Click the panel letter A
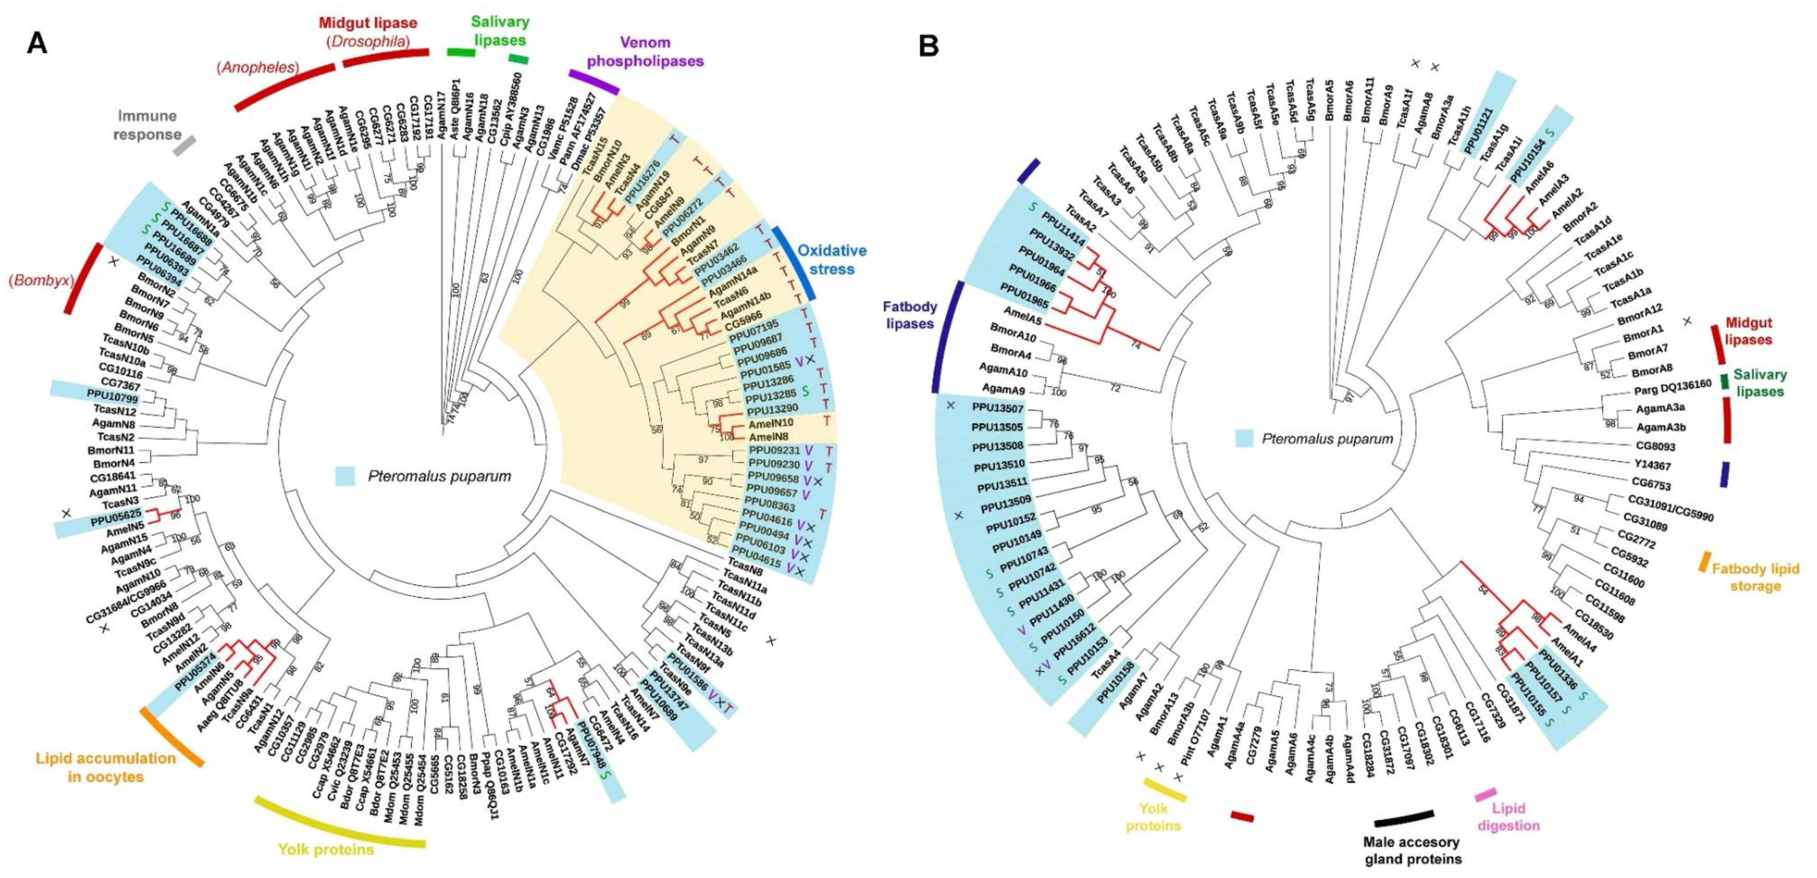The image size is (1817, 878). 37,44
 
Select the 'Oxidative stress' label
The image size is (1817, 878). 832,259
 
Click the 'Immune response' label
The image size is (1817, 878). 147,125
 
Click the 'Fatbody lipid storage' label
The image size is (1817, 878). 1755,577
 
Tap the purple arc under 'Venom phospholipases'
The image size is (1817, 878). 594,81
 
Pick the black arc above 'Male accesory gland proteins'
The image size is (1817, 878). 1404,818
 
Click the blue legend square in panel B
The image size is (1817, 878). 1244,439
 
